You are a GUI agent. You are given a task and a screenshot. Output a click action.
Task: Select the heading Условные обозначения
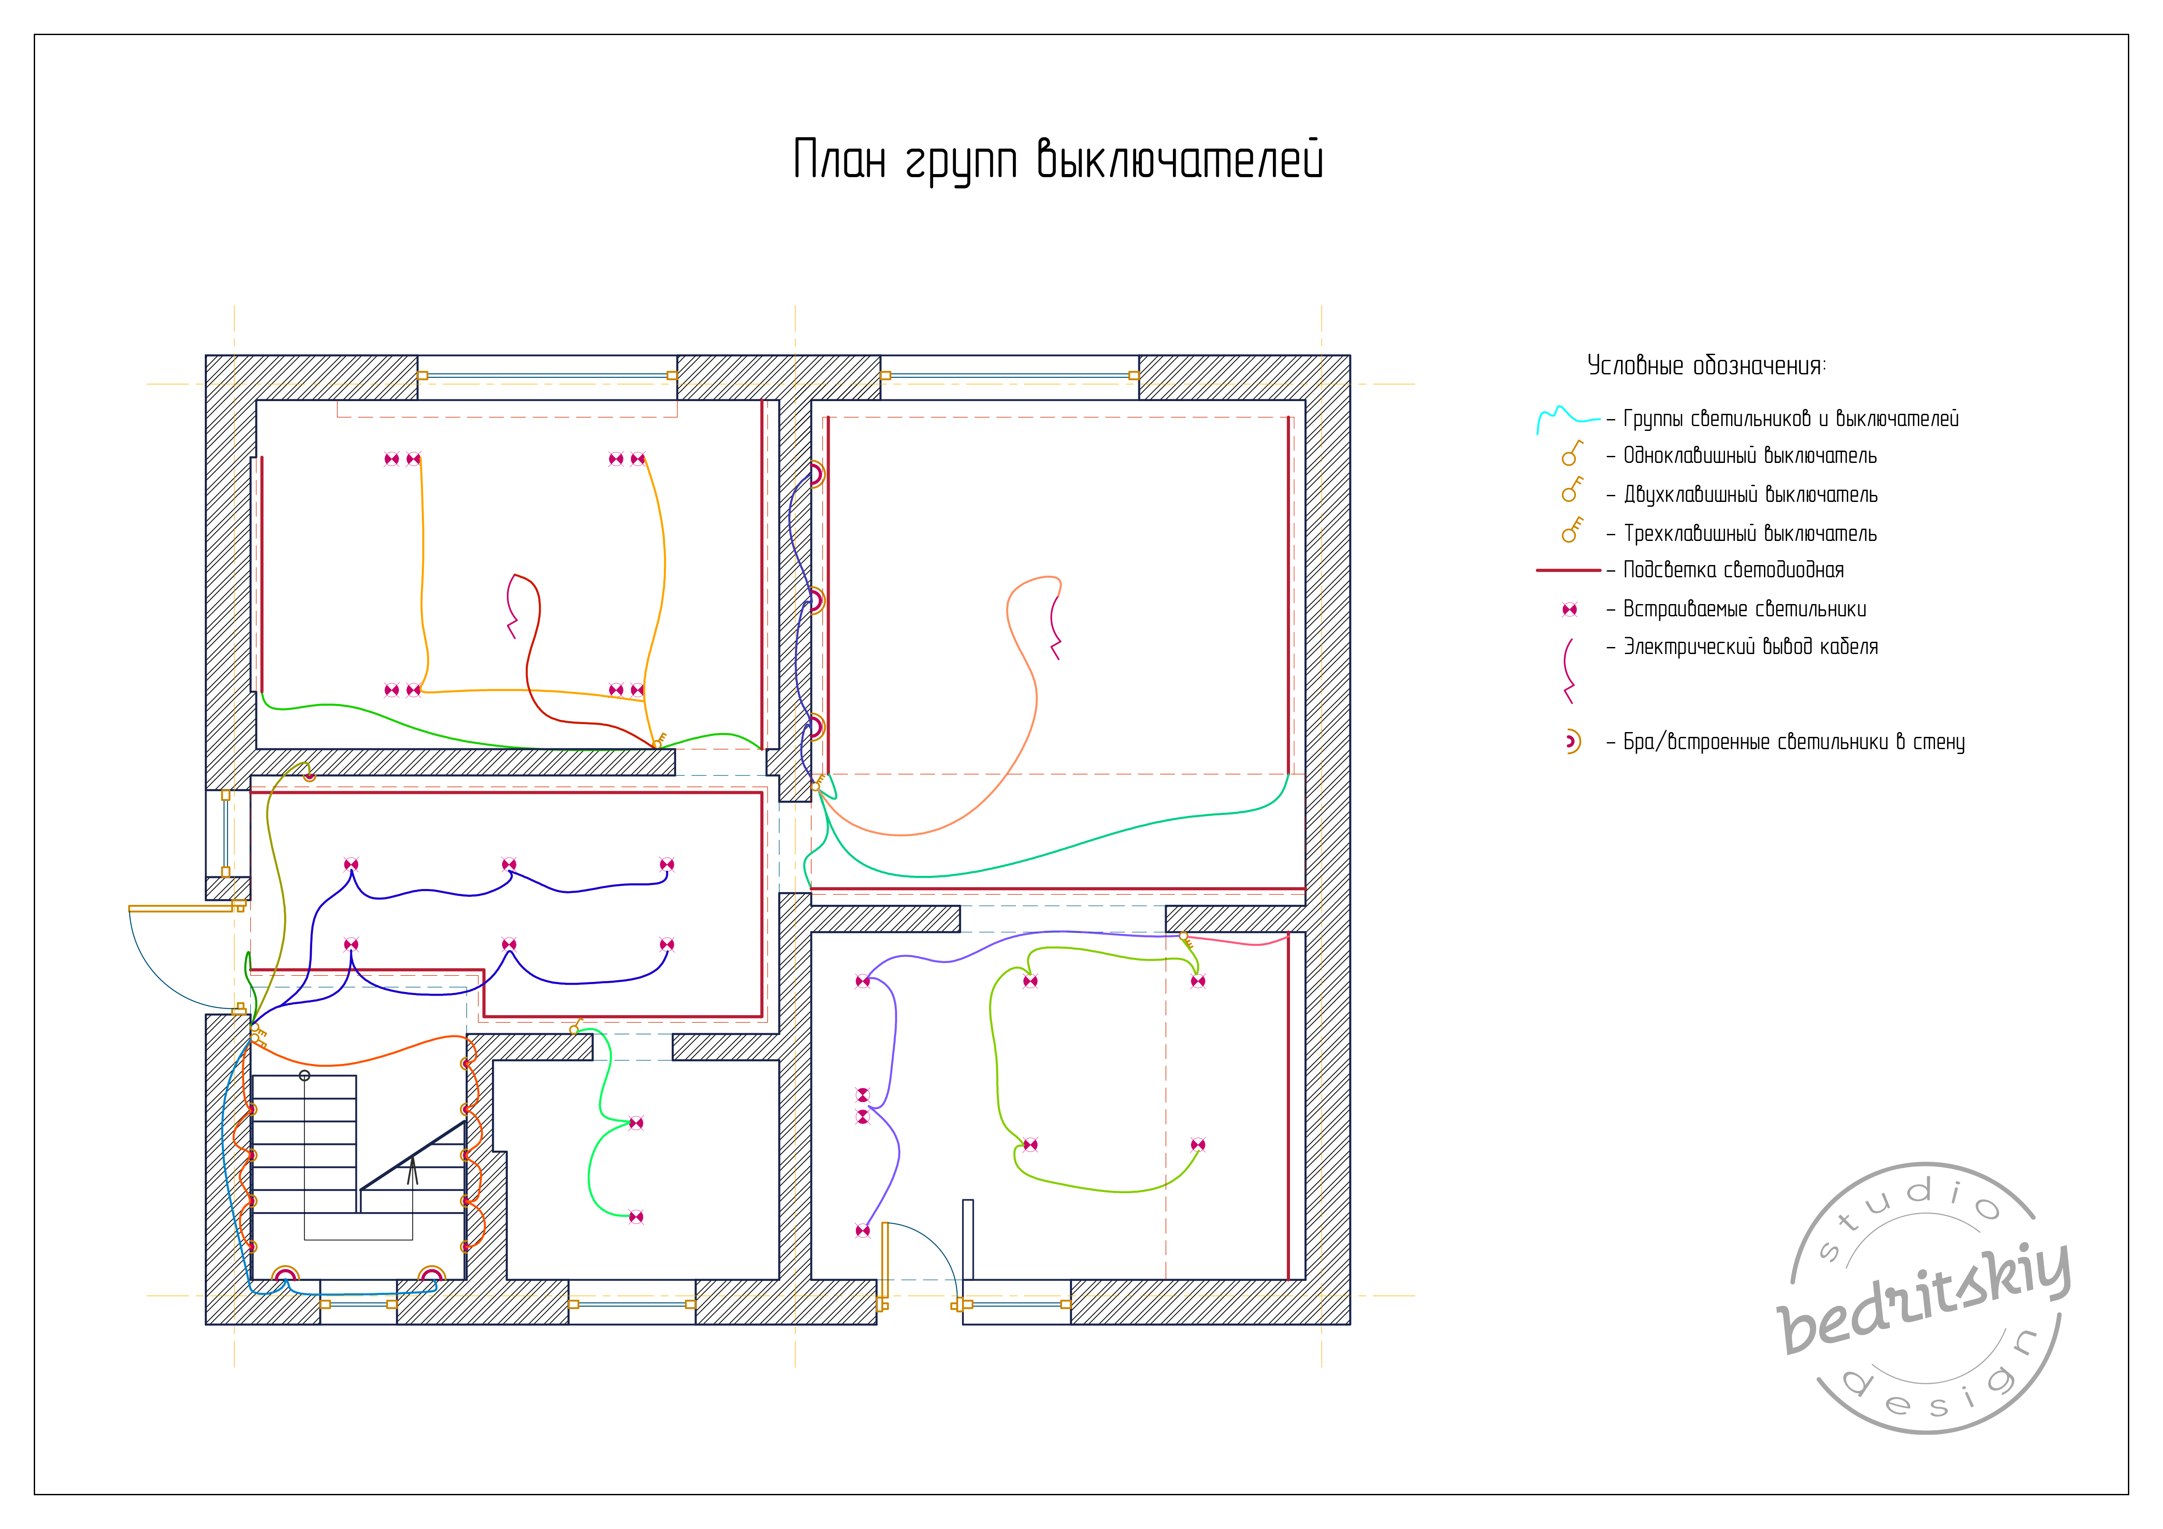[x=1706, y=366]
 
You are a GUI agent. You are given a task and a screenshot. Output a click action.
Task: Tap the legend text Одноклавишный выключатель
[x=1750, y=456]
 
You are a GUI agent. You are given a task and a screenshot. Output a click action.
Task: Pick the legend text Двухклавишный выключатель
[x=1750, y=494]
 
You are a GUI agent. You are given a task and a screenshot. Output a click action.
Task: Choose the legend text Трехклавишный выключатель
[x=1750, y=533]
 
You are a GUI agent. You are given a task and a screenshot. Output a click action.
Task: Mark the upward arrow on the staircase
[x=412, y=1171]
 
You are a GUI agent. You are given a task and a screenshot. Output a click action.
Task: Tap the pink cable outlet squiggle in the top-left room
[x=513, y=605]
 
